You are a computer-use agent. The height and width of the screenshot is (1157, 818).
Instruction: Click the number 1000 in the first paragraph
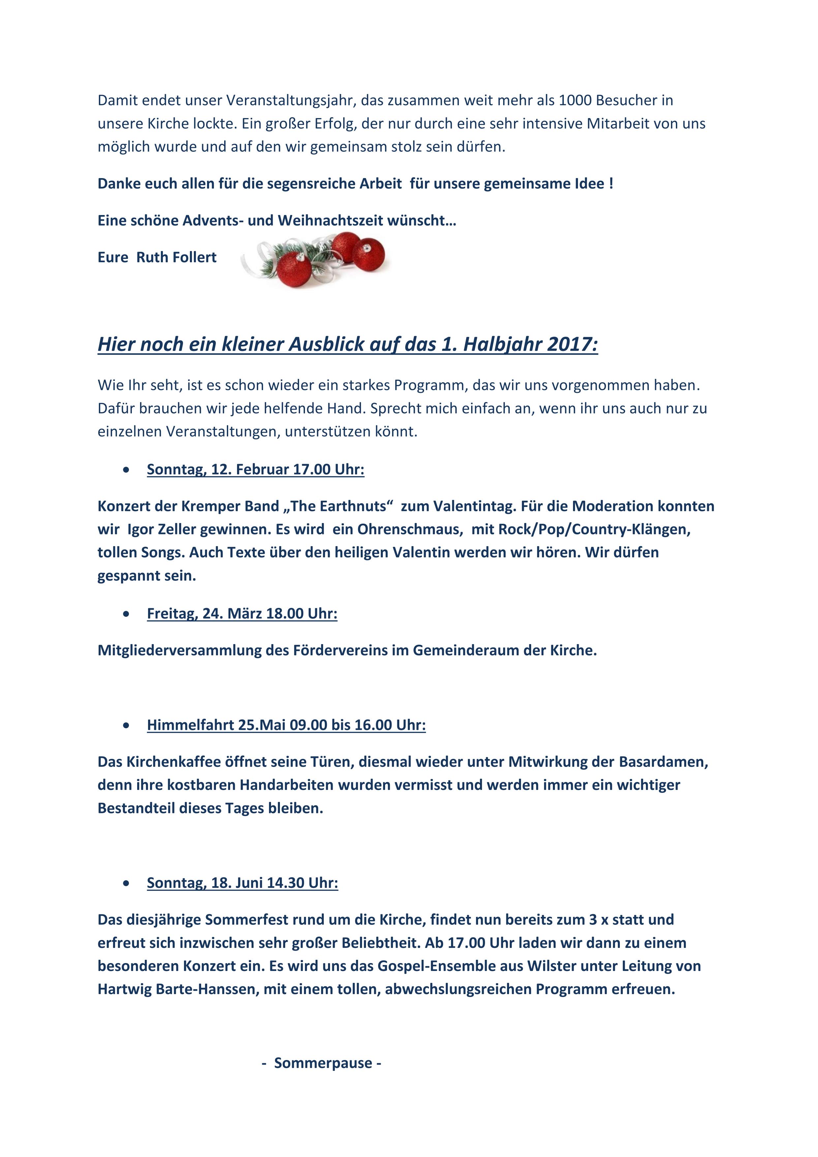575,100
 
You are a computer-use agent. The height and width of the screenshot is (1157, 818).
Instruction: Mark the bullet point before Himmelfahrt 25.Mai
126,725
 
